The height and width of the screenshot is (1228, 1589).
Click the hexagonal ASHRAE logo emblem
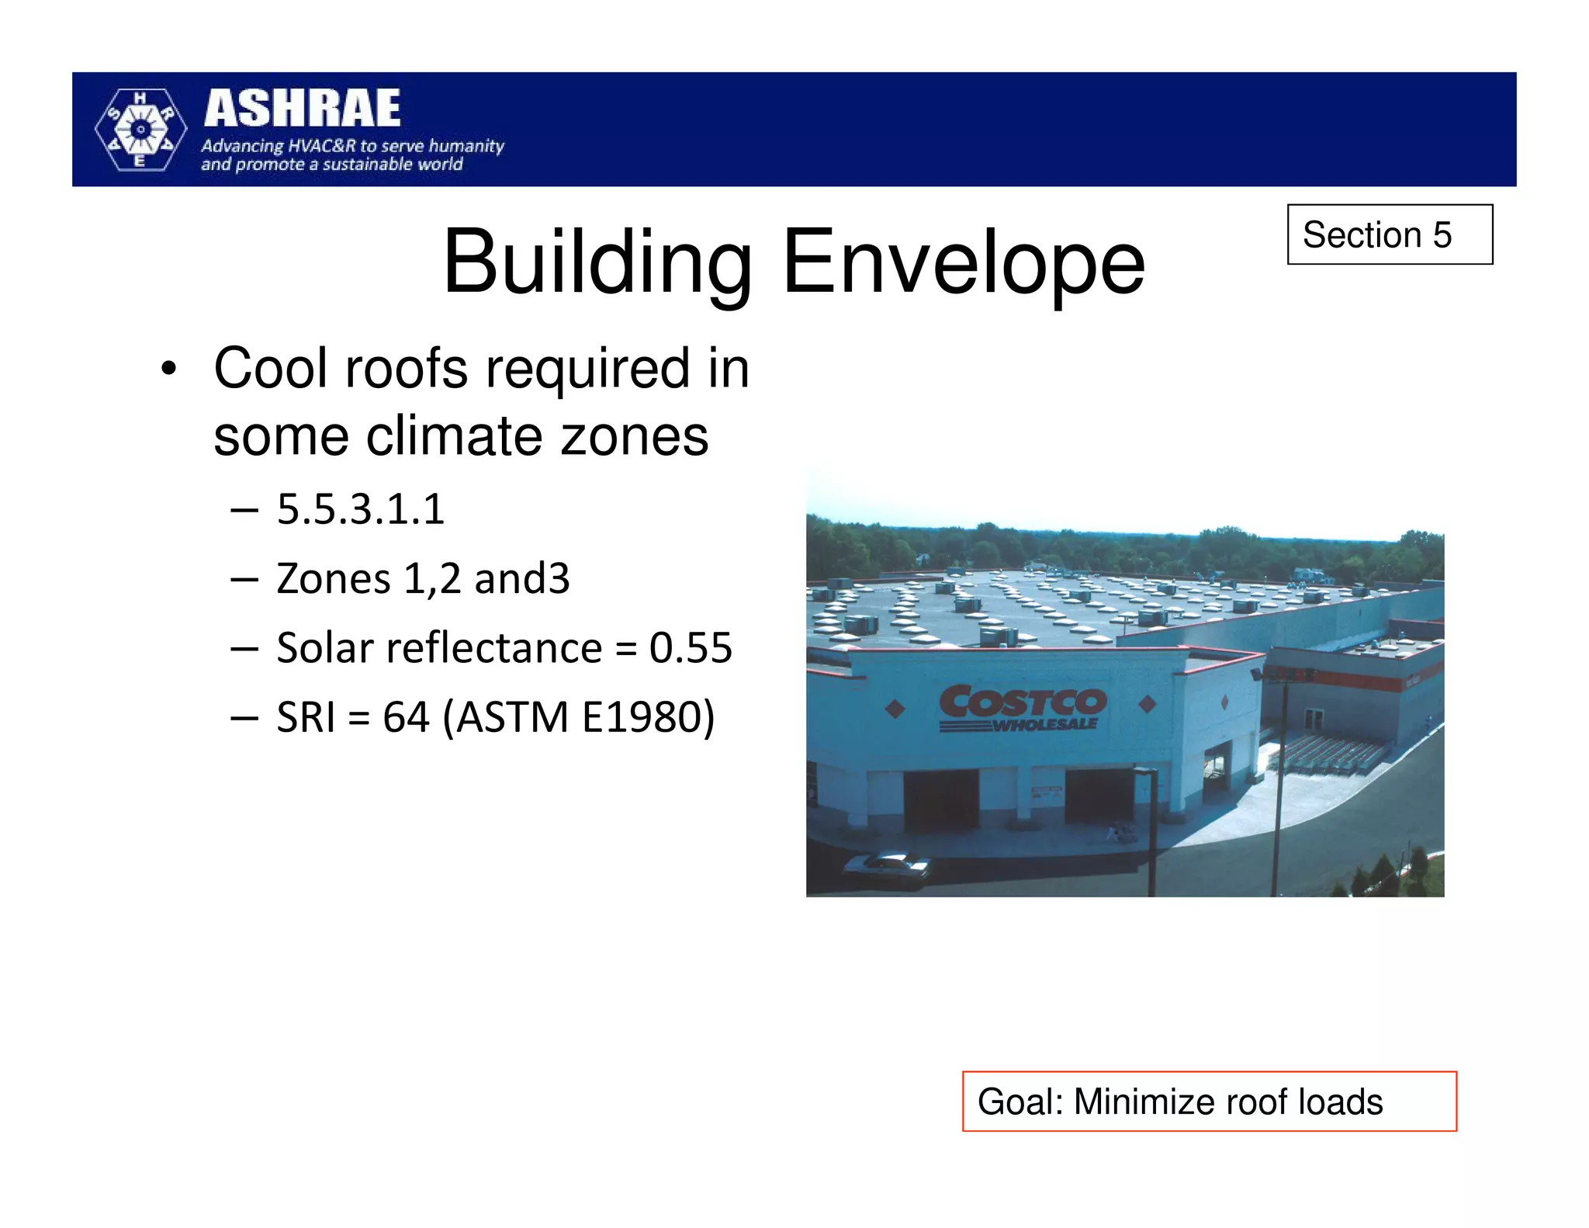point(140,129)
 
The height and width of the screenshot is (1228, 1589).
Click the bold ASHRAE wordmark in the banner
point(303,108)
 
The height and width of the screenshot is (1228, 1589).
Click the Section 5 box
point(1389,234)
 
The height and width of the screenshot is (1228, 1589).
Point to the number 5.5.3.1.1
point(361,510)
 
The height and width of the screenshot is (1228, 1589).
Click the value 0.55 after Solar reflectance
point(691,648)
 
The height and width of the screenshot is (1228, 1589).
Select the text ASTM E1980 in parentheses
point(579,717)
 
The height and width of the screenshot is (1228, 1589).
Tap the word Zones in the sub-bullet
point(334,579)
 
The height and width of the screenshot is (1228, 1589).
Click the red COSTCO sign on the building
point(1023,702)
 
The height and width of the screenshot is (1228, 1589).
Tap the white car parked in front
point(887,866)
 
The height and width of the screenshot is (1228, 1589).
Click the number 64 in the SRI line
point(406,717)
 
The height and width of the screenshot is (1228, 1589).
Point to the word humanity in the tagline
point(466,146)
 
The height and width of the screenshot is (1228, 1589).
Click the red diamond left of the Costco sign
point(895,709)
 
